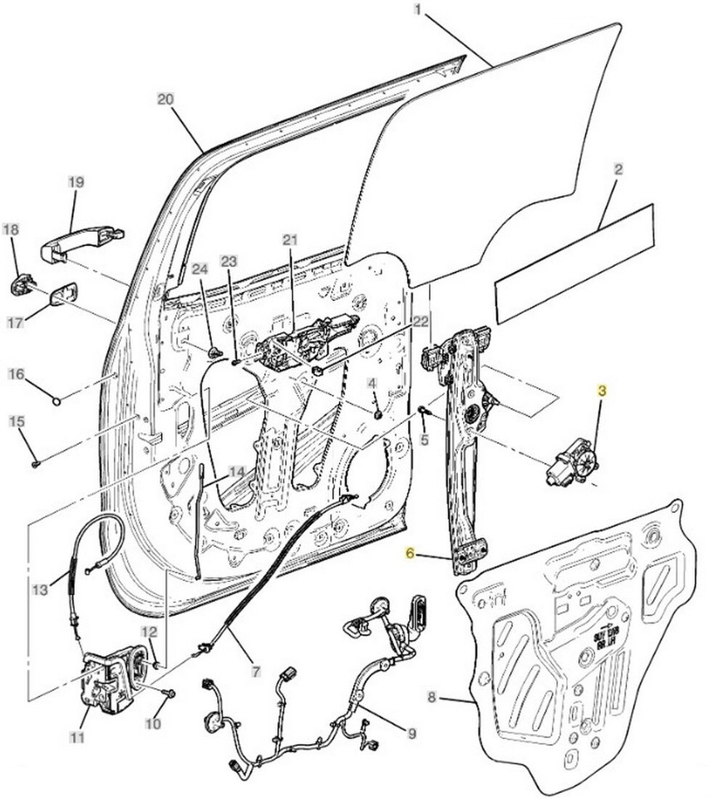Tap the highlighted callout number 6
coord(409,552)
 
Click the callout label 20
coord(165,99)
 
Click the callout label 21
coord(289,240)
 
